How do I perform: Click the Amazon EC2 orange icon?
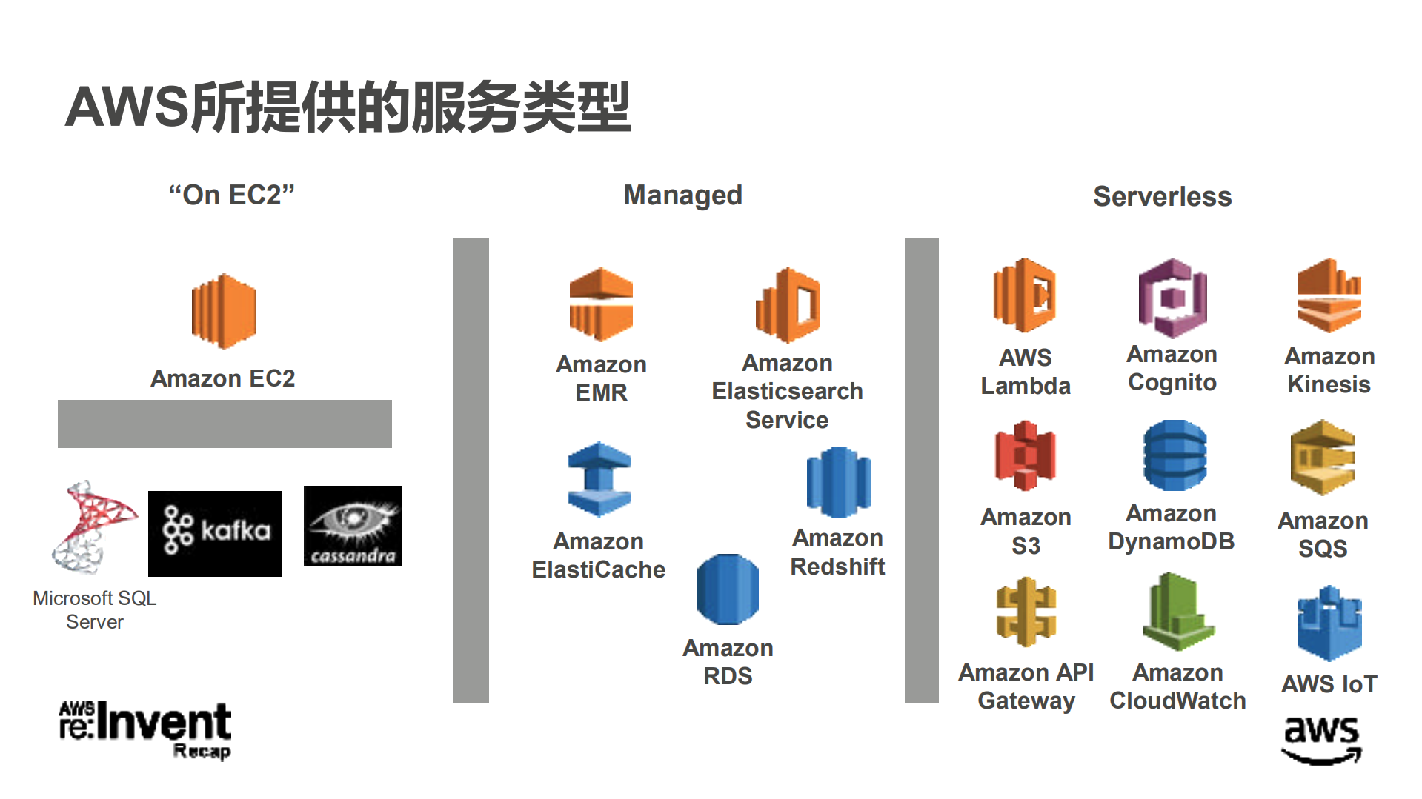coord(224,311)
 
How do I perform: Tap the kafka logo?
coord(215,533)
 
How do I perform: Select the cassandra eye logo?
coord(353,526)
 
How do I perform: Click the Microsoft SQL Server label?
coord(95,609)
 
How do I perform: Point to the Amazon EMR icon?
coord(601,304)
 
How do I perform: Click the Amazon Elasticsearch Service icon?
coord(788,305)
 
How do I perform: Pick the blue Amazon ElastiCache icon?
coord(599,479)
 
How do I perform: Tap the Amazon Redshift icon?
coord(839,482)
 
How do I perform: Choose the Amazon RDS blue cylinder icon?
coord(728,589)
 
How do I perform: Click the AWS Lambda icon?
coord(1025,295)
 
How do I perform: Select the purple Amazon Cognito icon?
coord(1172,298)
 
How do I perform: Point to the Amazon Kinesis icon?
coord(1329,295)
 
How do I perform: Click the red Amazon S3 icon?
coord(1025,455)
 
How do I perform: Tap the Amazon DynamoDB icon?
coord(1175,455)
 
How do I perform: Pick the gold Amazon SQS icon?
coord(1323,458)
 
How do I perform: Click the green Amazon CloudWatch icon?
coord(1177,612)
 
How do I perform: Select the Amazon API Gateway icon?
coord(1026,612)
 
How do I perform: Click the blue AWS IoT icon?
coord(1329,624)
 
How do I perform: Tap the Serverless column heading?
coord(1162,196)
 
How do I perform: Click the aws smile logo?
coord(1322,739)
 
